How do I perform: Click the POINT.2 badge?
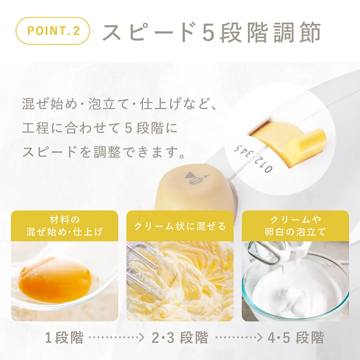click(x=52, y=31)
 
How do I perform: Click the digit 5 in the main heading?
click(x=208, y=32)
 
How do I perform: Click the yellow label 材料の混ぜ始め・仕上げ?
click(x=64, y=226)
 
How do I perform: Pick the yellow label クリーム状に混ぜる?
click(x=180, y=226)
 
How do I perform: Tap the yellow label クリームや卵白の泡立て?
click(x=295, y=226)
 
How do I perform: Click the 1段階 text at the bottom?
click(x=64, y=337)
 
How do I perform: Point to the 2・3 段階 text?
click(x=180, y=337)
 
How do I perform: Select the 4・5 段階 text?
click(x=296, y=337)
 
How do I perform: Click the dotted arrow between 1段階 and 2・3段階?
click(x=116, y=337)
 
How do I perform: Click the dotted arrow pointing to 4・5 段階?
click(x=239, y=337)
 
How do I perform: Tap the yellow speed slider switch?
click(x=289, y=140)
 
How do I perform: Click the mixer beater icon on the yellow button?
click(x=196, y=178)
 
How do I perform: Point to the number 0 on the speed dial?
click(x=268, y=169)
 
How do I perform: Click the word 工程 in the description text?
click(x=36, y=128)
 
